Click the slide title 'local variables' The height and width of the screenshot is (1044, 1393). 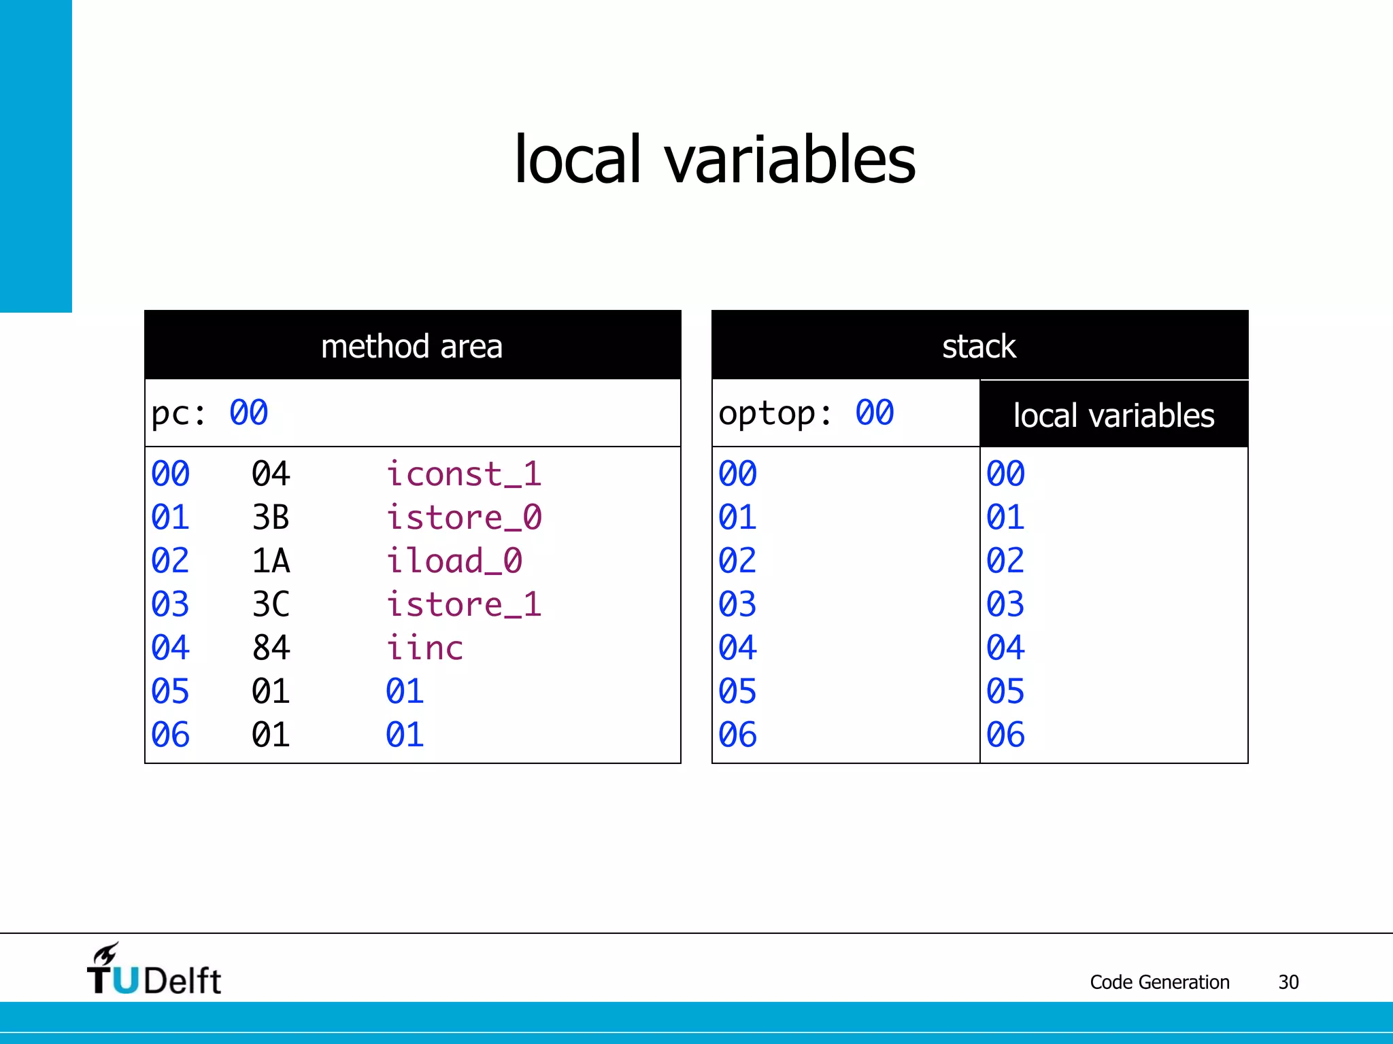(714, 160)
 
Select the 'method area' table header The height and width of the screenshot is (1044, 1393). (412, 346)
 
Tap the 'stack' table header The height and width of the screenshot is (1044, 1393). (979, 346)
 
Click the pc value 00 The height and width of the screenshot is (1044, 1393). (248, 413)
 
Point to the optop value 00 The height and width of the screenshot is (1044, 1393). (874, 413)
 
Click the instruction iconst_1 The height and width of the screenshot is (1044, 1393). (463, 474)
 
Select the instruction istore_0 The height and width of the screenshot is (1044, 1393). (463, 517)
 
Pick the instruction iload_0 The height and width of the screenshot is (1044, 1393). (454, 561)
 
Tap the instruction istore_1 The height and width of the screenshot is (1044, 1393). (463, 604)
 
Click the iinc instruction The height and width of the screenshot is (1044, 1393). (424, 648)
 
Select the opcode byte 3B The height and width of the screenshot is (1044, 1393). (271, 517)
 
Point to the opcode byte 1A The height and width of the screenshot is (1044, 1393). (271, 561)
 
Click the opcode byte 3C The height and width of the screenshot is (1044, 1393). (271, 604)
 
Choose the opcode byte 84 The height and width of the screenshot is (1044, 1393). (271, 648)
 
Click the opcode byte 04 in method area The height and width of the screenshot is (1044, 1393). (271, 474)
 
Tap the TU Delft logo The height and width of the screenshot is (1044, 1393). (154, 971)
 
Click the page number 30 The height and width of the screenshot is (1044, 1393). (1288, 982)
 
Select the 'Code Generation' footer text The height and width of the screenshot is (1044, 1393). (1159, 982)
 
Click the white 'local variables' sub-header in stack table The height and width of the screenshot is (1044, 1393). (1113, 415)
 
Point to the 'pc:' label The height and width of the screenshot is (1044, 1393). (178, 413)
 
